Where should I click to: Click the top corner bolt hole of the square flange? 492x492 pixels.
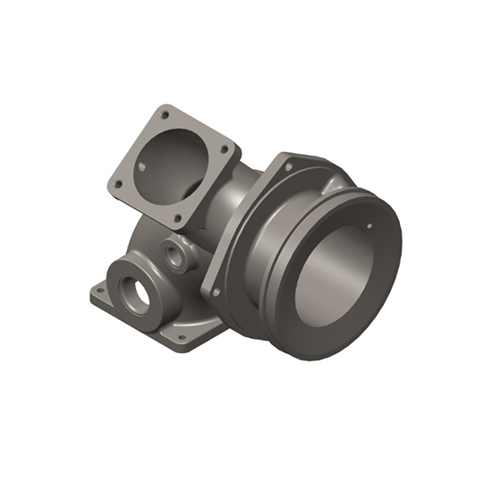click(164, 114)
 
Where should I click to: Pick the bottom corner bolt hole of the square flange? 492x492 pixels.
click(177, 217)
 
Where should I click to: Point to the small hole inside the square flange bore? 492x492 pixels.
click(143, 166)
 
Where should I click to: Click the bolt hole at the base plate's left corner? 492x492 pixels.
click(99, 290)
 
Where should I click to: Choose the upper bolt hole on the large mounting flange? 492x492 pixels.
click(288, 166)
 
